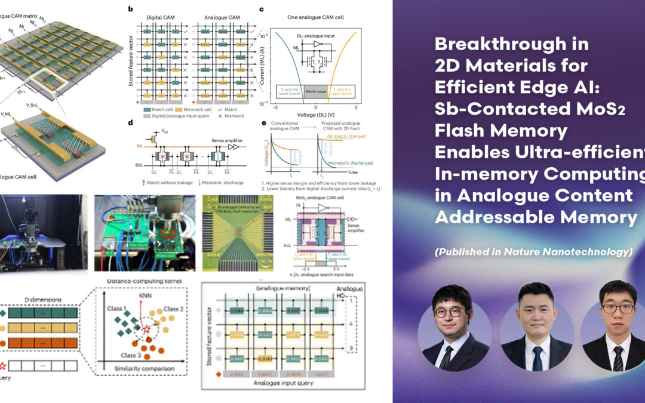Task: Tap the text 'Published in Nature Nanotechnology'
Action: [x=533, y=252]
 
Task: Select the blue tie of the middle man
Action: [x=538, y=358]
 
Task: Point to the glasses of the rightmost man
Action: [x=618, y=309]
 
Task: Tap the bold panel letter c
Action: [x=262, y=9]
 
